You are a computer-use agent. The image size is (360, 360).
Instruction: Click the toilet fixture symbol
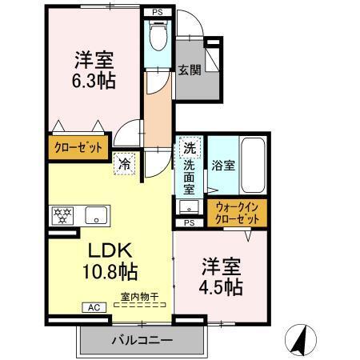(x=157, y=37)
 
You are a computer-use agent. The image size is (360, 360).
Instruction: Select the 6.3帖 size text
(x=94, y=81)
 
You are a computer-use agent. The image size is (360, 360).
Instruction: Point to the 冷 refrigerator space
(x=126, y=162)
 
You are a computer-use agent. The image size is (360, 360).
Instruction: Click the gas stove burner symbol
(x=63, y=214)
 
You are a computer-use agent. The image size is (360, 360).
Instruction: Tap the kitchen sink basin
(x=97, y=214)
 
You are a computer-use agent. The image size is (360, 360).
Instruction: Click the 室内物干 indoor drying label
(x=139, y=298)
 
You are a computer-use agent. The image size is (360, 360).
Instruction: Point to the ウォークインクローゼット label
(x=237, y=212)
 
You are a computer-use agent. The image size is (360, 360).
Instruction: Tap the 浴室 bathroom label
(x=223, y=166)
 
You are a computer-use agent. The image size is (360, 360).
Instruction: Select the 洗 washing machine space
(x=189, y=147)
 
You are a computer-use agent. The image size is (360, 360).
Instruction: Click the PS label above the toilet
(x=157, y=13)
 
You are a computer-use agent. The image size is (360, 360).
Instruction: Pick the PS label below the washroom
(x=190, y=223)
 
